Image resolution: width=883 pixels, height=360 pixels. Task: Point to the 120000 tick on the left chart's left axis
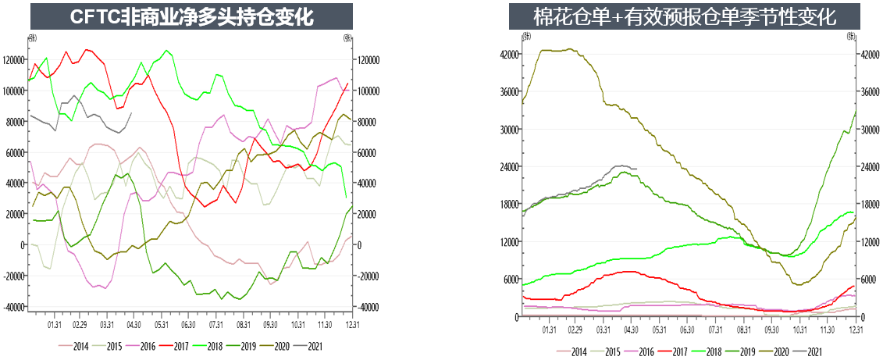(x=13, y=60)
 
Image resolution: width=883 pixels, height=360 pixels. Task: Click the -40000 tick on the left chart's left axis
(x=13, y=307)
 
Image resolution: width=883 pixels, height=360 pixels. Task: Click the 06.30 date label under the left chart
(x=187, y=323)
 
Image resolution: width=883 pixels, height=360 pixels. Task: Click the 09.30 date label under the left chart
(x=270, y=323)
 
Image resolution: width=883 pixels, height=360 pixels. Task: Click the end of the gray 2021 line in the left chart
(x=131, y=112)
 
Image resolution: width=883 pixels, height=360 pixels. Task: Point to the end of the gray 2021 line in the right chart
(x=636, y=169)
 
